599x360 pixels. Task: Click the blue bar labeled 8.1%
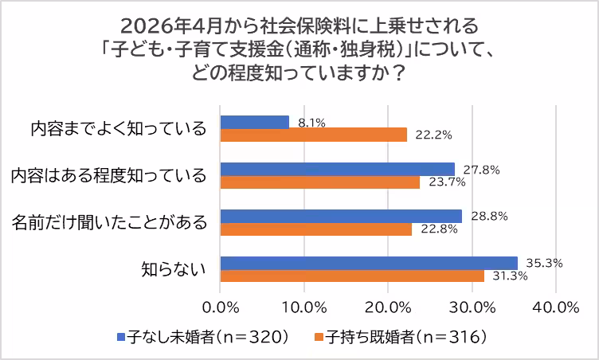[255, 122]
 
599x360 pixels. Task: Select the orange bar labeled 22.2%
[314, 135]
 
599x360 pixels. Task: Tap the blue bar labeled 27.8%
[338, 169]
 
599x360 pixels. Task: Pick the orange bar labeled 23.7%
[320, 182]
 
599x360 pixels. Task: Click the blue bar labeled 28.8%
[341, 216]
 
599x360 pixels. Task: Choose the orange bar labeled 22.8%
[316, 229]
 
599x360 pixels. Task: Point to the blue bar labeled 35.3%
[369, 263]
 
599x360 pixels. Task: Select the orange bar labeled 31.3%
[352, 276]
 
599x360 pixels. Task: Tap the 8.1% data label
[311, 123]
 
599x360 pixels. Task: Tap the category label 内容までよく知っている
[119, 128]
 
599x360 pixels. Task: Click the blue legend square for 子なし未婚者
[120, 337]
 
